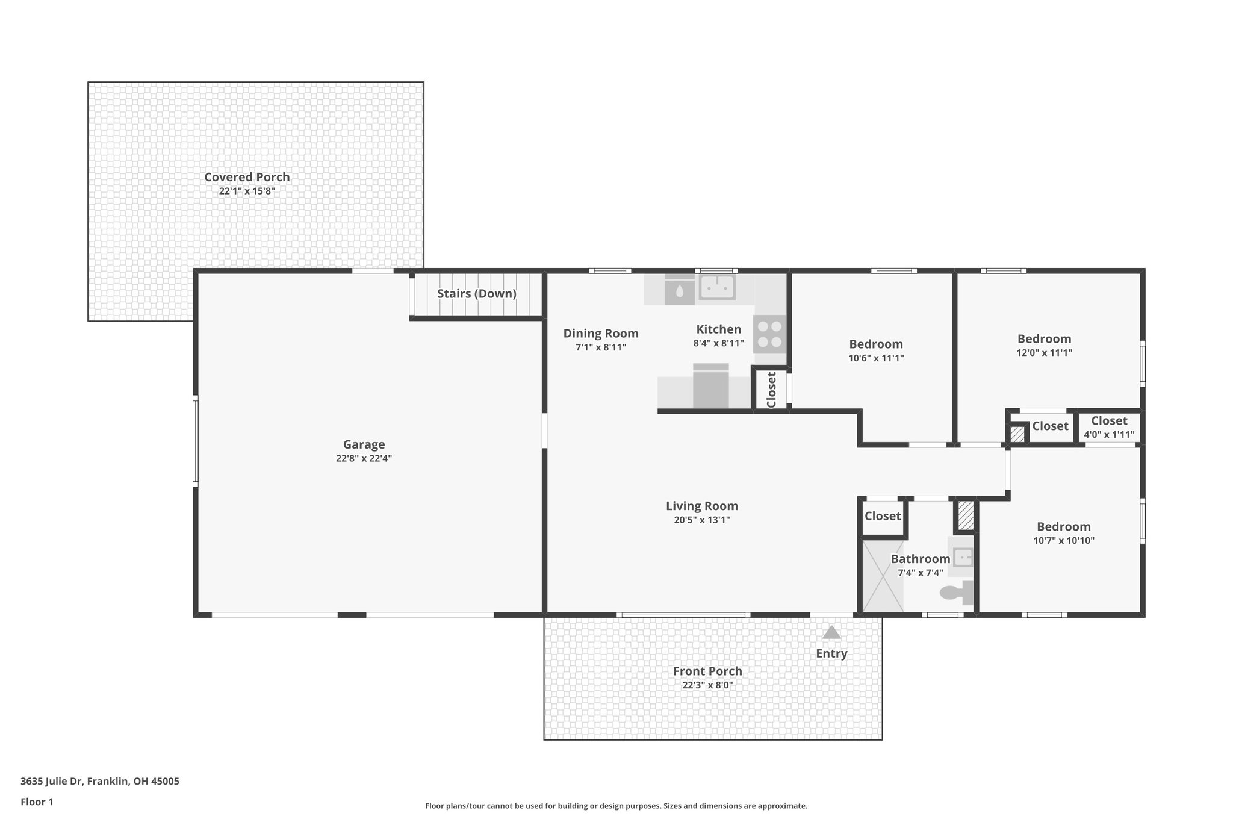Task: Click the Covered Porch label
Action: (247, 177)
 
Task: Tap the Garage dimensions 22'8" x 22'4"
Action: (364, 458)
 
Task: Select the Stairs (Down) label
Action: (476, 294)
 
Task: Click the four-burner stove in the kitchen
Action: (770, 334)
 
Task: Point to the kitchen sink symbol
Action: (717, 287)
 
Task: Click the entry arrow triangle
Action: (831, 632)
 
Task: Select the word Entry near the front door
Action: (831, 653)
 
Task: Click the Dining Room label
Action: (600, 334)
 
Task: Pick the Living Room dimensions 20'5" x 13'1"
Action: (701, 520)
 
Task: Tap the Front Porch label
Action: (707, 671)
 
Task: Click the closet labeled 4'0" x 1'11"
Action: (1108, 428)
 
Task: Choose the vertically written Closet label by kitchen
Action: (771, 390)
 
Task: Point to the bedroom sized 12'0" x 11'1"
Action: (1044, 345)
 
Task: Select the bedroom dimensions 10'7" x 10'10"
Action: (1063, 541)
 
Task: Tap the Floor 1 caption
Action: (37, 802)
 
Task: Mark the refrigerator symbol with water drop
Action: (679, 291)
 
